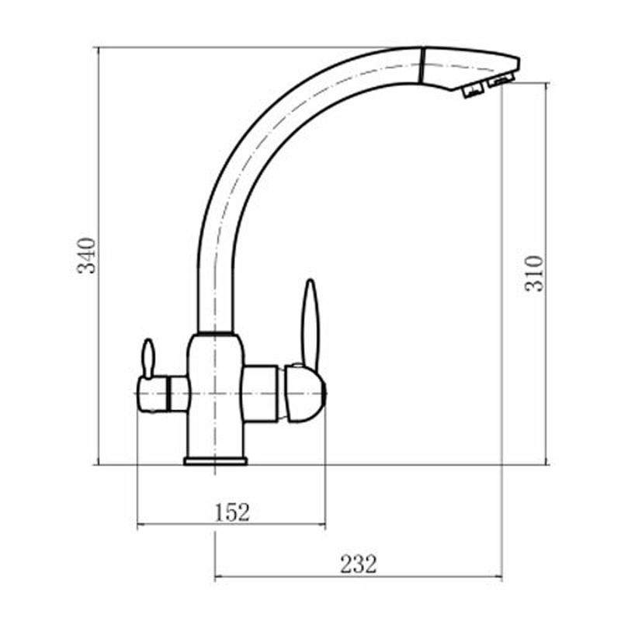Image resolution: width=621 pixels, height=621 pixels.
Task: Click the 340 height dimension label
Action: pos(86,255)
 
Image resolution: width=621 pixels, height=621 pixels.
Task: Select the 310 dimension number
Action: pos(534,274)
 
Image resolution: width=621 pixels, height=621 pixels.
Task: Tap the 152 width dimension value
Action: pos(232,512)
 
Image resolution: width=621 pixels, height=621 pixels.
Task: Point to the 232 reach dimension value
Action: pos(359,564)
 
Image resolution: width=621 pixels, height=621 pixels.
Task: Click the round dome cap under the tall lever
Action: pos(305,394)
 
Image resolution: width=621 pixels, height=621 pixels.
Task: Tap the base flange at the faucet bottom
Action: pos(215,460)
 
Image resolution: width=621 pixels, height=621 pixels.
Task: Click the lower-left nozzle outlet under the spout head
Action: pos(474,92)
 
